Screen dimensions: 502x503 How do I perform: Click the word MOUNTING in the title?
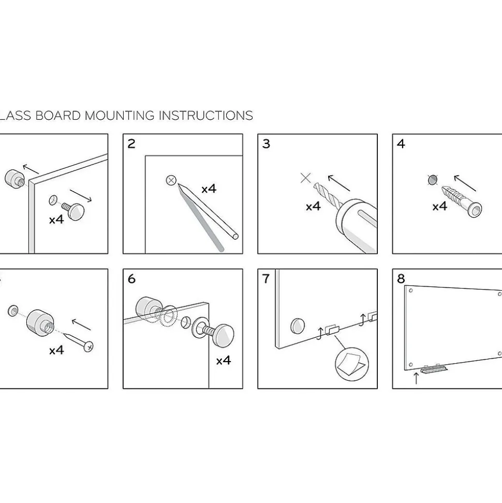pos(120,116)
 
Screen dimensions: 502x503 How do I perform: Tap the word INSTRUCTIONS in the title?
pos(206,116)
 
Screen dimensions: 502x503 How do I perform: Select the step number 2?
pos(131,143)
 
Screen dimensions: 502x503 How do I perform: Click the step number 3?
pos(266,143)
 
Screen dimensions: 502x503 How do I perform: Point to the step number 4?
pos(401,143)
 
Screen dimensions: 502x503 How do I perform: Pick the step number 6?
pos(131,279)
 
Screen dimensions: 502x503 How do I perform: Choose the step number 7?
pos(265,279)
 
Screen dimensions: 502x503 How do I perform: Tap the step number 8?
pos(401,279)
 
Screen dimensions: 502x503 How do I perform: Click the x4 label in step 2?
pos(209,189)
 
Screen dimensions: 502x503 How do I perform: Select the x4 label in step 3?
pos(313,206)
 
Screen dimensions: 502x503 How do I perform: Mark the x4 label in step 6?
pos(224,361)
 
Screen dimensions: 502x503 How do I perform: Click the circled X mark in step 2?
pos(171,180)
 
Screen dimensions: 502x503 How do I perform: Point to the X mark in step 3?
pos(305,178)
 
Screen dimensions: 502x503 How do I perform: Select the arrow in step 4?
pos(465,183)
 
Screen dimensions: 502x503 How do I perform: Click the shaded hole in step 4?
pos(433,180)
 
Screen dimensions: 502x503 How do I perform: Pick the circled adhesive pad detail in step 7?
pos(351,364)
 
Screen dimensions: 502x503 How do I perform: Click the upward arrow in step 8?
pos(416,378)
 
